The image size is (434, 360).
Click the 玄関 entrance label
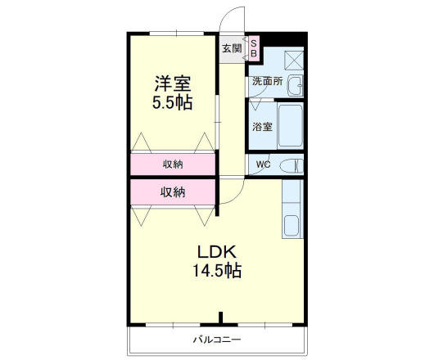tap(231, 48)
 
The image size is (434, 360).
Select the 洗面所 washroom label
tap(267, 82)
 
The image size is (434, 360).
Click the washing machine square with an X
tap(293, 59)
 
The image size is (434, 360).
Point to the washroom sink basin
tap(296, 84)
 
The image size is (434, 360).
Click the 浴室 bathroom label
tap(262, 127)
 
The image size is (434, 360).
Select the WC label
tap(263, 164)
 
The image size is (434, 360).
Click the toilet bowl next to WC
tap(291, 165)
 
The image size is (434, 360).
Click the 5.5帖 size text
tap(172, 103)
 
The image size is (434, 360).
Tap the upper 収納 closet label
tap(172, 164)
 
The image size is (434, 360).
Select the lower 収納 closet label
tap(172, 192)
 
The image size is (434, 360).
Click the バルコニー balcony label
tap(217, 339)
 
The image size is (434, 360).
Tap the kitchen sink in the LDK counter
tap(292, 225)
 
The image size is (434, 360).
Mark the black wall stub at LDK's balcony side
tap(221, 317)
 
